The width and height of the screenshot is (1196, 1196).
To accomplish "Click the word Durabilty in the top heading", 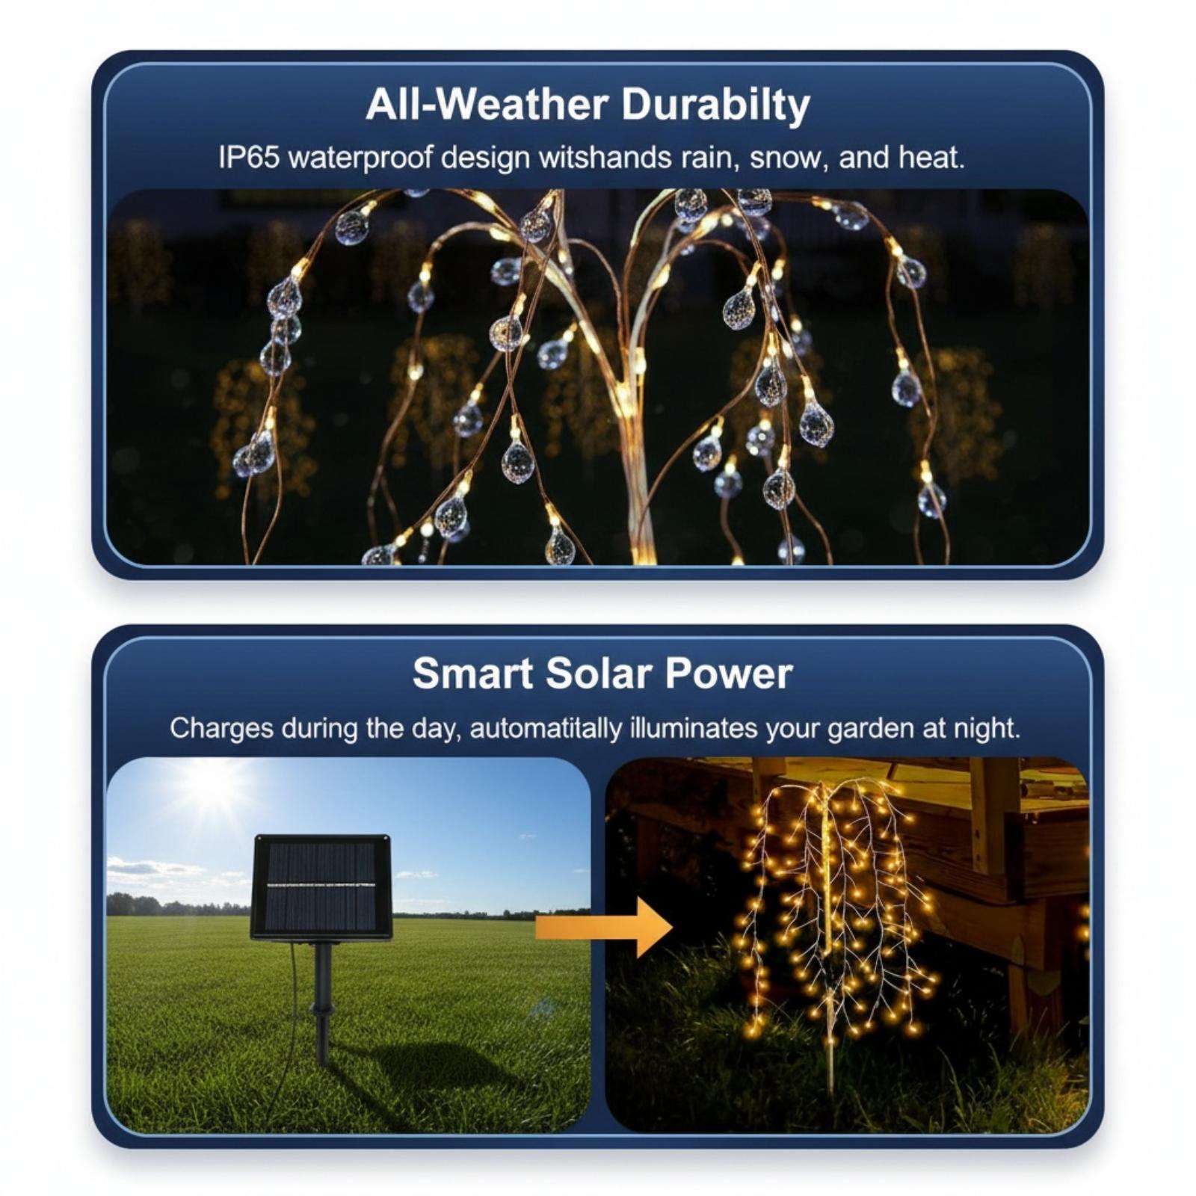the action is pos(715,104).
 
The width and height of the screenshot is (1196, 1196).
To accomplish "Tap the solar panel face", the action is pos(321,887).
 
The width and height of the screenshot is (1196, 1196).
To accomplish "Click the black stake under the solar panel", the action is pos(322,1002).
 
